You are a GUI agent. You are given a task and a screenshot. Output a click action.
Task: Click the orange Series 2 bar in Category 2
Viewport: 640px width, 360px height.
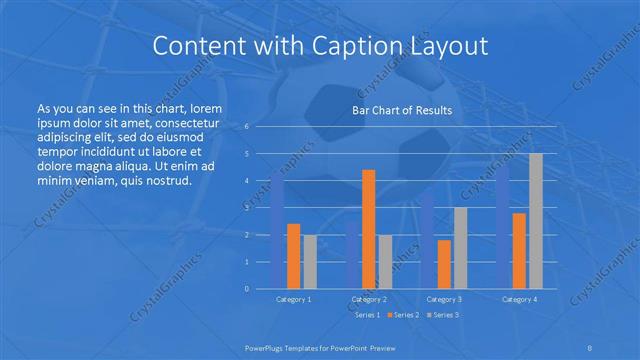368,229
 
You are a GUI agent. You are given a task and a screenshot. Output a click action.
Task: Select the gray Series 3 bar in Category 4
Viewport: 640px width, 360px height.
536,221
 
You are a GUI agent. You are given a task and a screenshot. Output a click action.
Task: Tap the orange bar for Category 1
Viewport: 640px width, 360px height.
293,256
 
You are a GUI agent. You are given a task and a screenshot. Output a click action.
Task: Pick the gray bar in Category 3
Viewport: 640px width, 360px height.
461,248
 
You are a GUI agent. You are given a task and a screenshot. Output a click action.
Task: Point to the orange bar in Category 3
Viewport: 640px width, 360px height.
444,264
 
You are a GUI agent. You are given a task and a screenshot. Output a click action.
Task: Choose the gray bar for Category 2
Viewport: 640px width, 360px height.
385,262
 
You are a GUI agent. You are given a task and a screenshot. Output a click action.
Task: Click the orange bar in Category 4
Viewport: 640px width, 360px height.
519,251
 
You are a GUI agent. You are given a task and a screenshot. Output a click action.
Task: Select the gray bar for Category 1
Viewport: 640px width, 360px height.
310,262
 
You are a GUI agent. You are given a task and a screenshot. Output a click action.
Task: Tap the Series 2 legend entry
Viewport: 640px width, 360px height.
404,315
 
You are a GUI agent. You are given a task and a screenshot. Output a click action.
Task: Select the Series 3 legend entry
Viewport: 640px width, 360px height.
446,315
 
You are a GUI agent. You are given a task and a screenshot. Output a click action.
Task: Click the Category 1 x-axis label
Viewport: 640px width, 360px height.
293,299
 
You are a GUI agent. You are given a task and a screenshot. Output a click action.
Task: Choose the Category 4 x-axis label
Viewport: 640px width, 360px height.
519,299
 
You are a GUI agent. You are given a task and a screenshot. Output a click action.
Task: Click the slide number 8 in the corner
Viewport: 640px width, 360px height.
591,349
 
